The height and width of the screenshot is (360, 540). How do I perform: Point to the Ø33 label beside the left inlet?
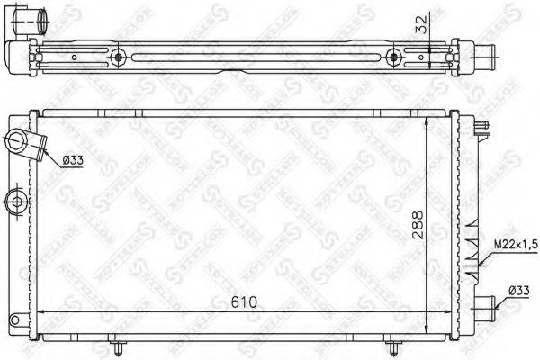pyautogui.click(x=76, y=160)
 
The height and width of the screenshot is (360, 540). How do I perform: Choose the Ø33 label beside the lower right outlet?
pyautogui.click(x=516, y=291)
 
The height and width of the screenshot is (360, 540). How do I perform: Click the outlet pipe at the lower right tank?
pyautogui.click(x=487, y=306)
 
